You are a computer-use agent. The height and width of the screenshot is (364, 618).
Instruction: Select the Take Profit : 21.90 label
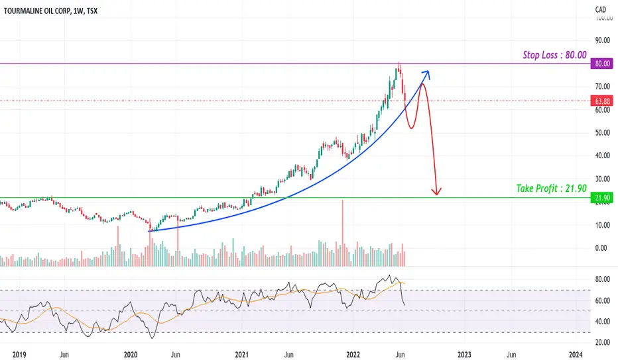(552, 189)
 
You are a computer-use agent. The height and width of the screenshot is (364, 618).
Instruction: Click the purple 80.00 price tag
(602, 64)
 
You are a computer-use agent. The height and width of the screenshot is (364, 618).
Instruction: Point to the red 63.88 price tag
(602, 101)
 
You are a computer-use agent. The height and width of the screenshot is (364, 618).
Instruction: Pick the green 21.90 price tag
(602, 198)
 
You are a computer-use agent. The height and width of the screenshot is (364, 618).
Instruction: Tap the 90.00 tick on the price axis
(602, 40)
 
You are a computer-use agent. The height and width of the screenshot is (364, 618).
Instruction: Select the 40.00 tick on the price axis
(602, 156)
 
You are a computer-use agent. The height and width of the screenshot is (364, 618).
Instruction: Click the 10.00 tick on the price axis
(602, 225)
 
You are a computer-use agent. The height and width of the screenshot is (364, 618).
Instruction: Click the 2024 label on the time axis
(576, 354)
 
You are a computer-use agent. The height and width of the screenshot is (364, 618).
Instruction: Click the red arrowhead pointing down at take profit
(436, 192)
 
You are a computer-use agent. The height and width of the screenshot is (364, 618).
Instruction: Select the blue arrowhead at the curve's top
(426, 73)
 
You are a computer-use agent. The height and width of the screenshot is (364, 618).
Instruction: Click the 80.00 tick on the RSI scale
(602, 280)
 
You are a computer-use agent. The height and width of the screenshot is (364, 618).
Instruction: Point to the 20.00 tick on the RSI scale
(602, 342)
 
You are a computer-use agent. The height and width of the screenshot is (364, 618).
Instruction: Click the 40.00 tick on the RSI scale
(602, 322)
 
